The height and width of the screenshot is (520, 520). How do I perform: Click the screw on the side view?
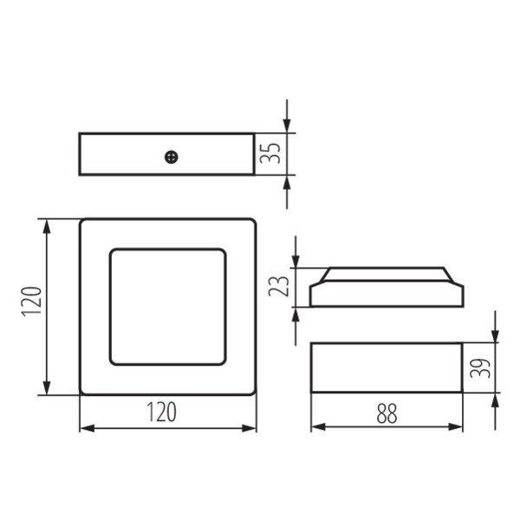coord(172,157)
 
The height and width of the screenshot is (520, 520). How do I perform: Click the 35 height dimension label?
coord(270,153)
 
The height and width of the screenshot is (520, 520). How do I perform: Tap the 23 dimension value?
coord(278,286)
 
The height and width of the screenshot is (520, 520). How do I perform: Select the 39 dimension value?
coord(480,367)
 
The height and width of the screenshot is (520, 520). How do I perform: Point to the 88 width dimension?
coord(387,413)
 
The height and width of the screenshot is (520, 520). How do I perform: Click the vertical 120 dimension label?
coord(31,301)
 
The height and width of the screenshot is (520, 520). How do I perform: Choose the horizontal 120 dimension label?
coord(161,412)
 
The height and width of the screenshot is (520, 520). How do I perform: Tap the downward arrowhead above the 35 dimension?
coord(287,126)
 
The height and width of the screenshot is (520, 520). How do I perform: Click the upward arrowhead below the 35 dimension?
coord(287,182)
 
